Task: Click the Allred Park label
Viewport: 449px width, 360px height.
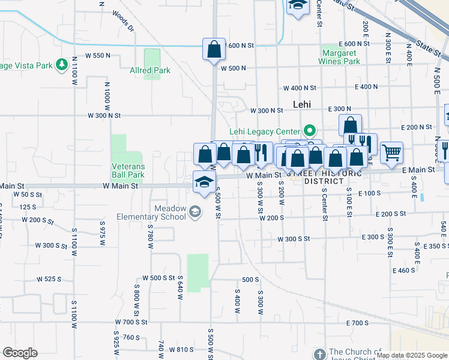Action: tap(150, 71)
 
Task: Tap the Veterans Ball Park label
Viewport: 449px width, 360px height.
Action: tap(128, 170)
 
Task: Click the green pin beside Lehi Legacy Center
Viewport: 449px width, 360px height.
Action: tap(310, 130)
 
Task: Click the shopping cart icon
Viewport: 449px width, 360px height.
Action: tap(391, 152)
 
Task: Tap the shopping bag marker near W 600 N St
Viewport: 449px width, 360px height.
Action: tap(214, 50)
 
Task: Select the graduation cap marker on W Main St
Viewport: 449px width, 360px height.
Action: tap(204, 182)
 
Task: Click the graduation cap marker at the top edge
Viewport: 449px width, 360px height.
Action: tap(297, 6)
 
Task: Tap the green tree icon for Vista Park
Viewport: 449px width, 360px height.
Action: tap(61, 64)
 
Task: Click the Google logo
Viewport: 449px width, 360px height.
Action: tap(20, 353)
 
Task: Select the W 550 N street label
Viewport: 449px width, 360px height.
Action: tap(98, 55)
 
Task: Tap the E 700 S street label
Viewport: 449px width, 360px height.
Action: tap(357, 323)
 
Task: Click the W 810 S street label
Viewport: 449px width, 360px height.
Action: tap(182, 349)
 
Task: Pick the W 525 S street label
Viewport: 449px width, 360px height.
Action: tap(49, 279)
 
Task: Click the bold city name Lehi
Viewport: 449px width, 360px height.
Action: tap(303, 104)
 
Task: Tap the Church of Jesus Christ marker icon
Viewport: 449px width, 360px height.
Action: tap(318, 353)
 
